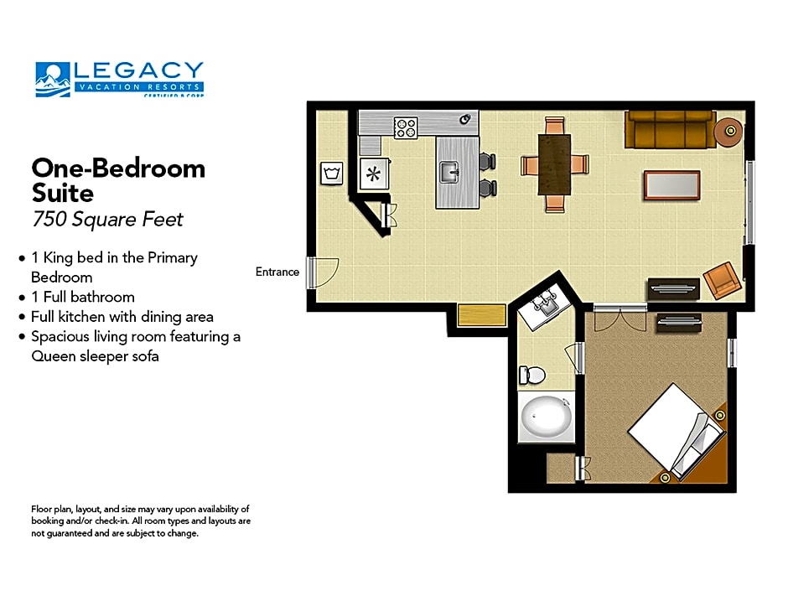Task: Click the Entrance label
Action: (x=277, y=272)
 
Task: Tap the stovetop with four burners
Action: (x=406, y=127)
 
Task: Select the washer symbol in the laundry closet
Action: (x=332, y=174)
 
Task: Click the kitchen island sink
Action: (x=448, y=173)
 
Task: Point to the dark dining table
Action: (x=554, y=164)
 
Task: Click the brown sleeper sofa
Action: (x=670, y=130)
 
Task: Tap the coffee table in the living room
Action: (x=672, y=185)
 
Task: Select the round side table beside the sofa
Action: (x=728, y=131)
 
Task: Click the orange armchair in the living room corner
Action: (x=722, y=281)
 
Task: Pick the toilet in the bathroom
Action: (x=531, y=375)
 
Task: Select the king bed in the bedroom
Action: (x=676, y=432)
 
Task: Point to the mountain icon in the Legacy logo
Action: (x=53, y=80)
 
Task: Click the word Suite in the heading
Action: (x=62, y=193)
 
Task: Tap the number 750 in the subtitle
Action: (x=49, y=219)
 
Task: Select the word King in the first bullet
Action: (x=58, y=258)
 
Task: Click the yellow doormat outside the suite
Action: (x=481, y=315)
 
